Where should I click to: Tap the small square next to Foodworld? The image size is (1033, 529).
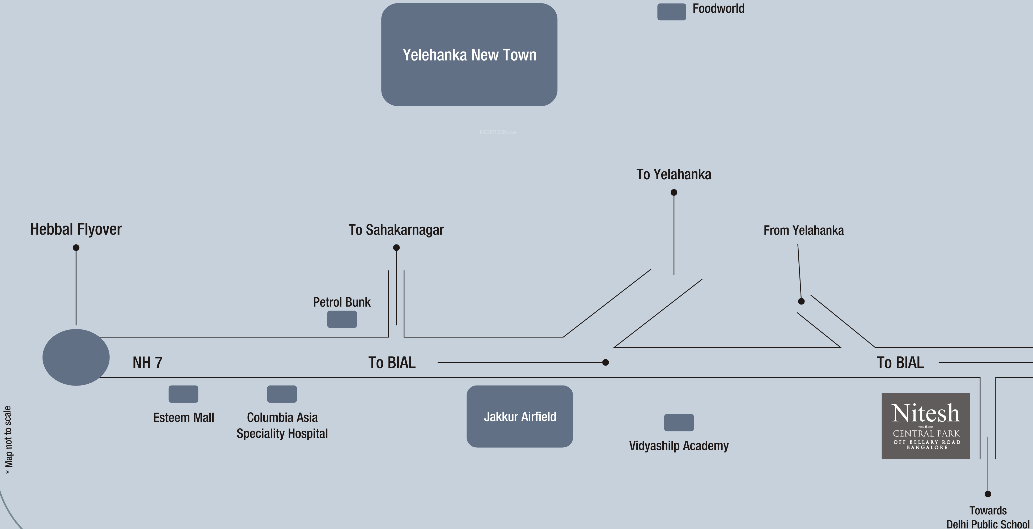[x=671, y=12]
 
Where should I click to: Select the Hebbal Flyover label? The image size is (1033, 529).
[x=76, y=229]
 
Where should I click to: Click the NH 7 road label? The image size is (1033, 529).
[x=147, y=363]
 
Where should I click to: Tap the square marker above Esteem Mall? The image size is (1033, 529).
[x=183, y=394]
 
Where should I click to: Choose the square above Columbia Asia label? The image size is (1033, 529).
[x=282, y=394]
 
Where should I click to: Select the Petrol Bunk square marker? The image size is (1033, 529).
[x=342, y=319]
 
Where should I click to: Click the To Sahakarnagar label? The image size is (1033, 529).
[x=396, y=230]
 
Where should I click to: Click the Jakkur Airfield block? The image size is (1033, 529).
[x=520, y=417]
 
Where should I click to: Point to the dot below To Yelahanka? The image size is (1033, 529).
[x=674, y=193]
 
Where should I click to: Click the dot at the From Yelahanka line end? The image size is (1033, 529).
[x=801, y=301]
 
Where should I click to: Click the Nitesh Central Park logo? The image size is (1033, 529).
[x=926, y=426]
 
